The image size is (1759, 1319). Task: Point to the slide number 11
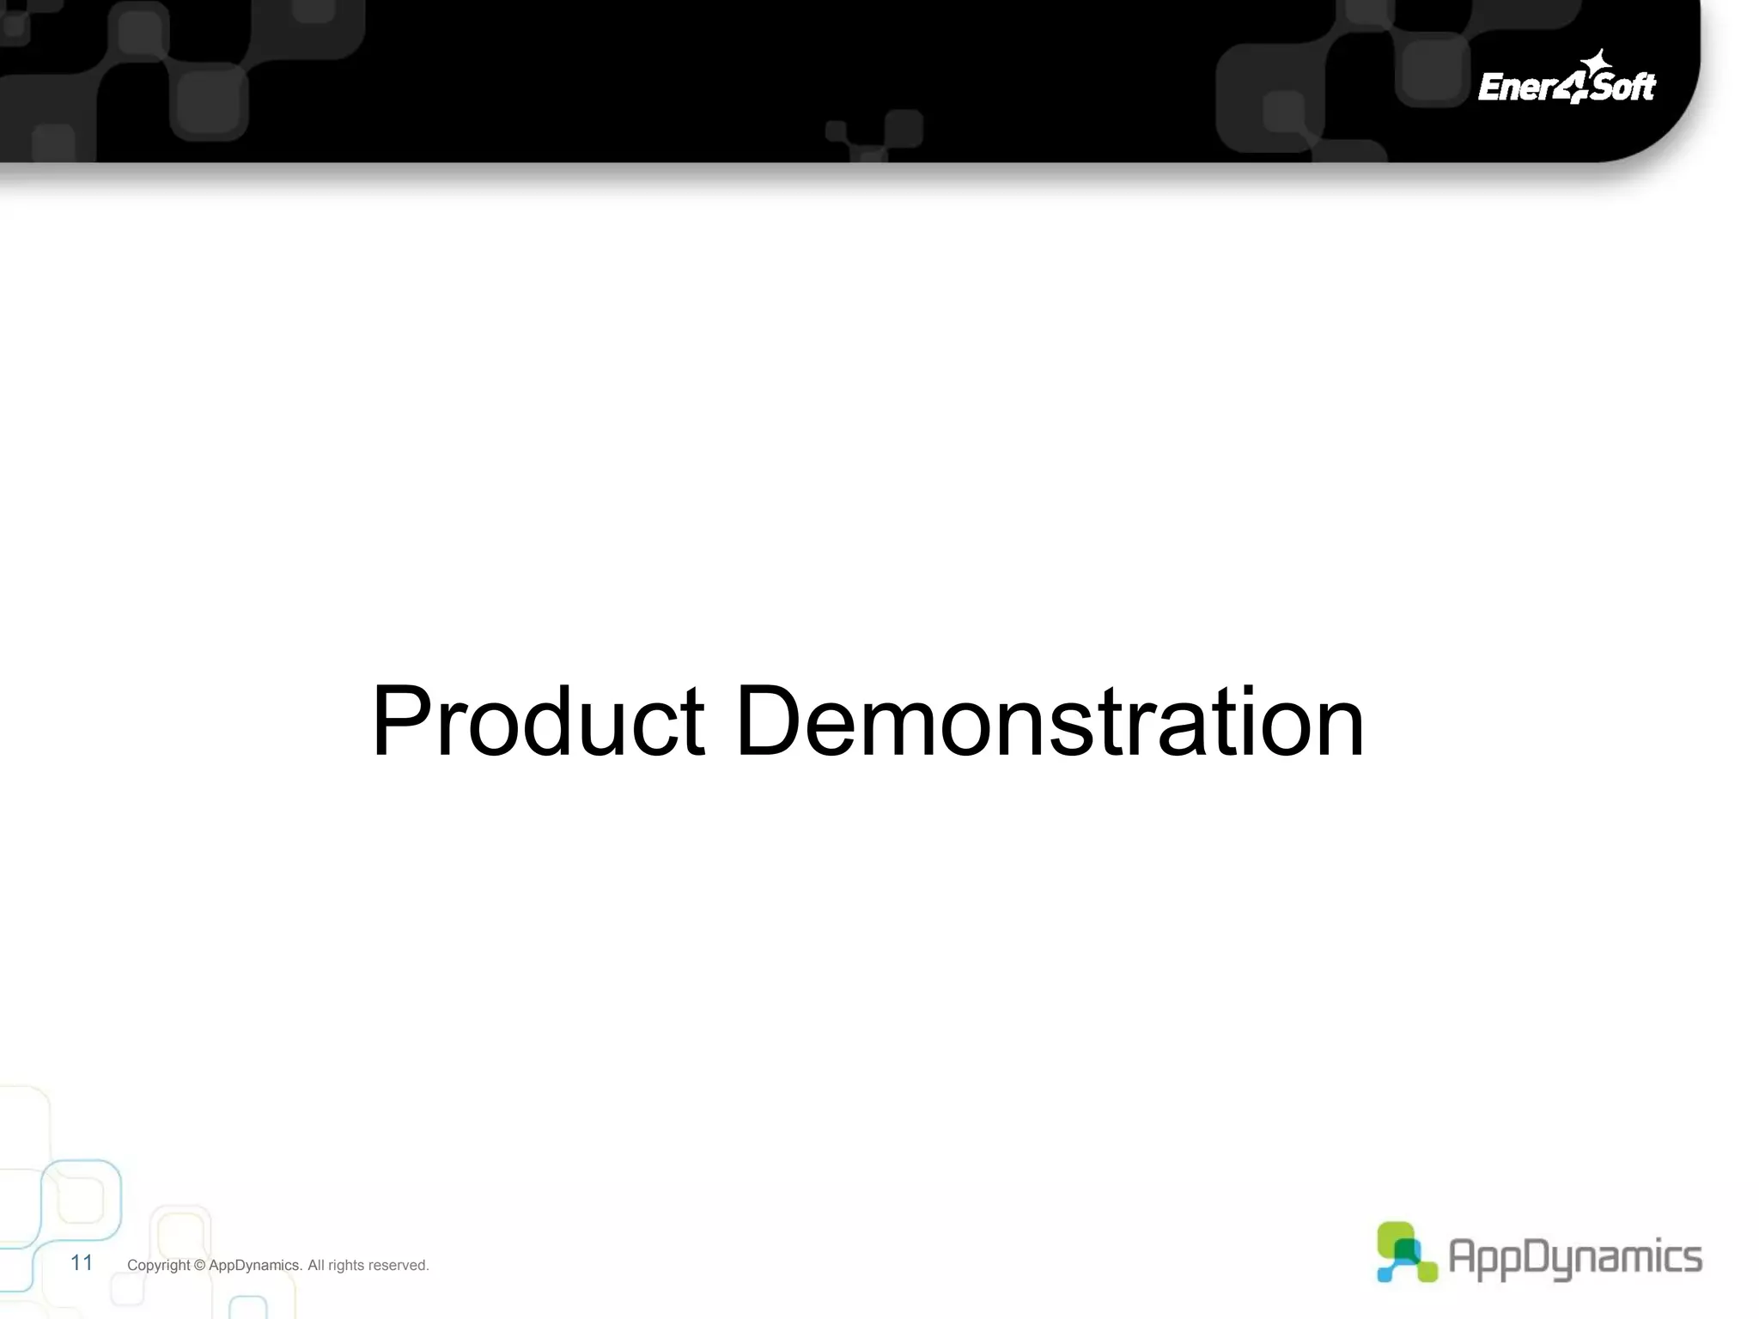[82, 1262]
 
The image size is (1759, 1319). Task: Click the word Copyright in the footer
[158, 1266]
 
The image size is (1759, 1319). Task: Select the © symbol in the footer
[199, 1266]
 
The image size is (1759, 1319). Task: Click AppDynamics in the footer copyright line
[255, 1266]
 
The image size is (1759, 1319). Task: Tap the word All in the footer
[315, 1266]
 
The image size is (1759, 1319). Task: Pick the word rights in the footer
[346, 1266]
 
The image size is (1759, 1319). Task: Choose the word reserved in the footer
[398, 1266]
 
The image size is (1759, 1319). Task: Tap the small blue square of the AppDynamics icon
[1385, 1274]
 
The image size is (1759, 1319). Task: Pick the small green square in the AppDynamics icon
[1427, 1271]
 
